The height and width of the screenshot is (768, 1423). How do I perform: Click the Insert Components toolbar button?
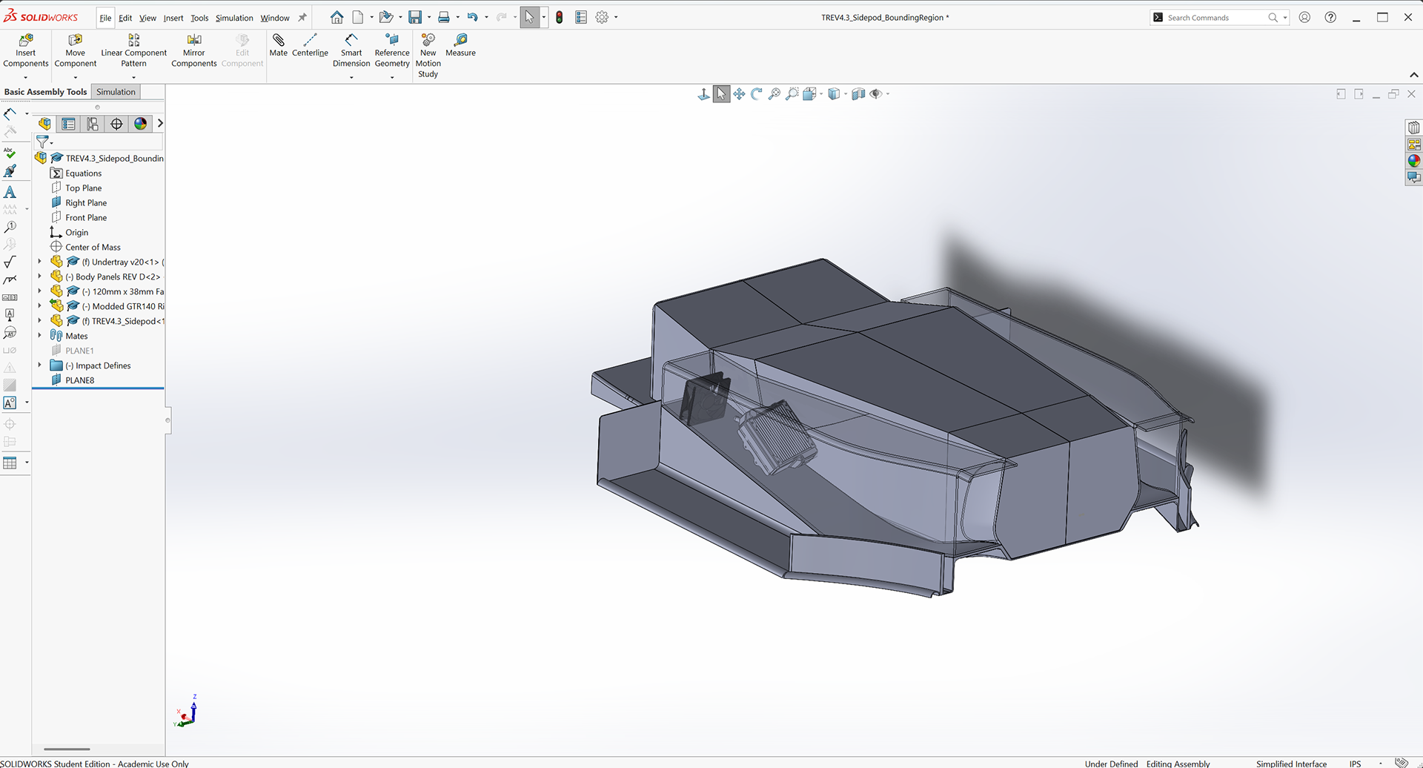25,50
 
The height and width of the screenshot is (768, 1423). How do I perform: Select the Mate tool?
279,44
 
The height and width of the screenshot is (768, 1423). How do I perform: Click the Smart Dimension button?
351,50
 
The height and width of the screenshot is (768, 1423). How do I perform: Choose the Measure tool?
460,44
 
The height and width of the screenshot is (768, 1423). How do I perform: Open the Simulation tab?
116,92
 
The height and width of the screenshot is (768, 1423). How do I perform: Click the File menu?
105,18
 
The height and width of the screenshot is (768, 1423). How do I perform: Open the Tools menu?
199,18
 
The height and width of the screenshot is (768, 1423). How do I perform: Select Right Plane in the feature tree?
86,203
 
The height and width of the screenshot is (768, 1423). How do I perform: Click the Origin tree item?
76,233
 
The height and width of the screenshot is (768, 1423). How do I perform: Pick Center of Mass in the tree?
93,248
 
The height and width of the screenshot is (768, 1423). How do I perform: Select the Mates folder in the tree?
76,337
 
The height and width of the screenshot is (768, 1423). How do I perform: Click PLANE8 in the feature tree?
79,380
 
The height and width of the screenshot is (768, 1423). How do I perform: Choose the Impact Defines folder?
103,365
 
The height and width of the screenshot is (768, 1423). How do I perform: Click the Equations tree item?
83,173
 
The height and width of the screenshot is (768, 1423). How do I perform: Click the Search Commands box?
1215,18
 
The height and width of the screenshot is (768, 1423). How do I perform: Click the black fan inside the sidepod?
706,399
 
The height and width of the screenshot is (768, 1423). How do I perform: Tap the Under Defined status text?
1111,764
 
